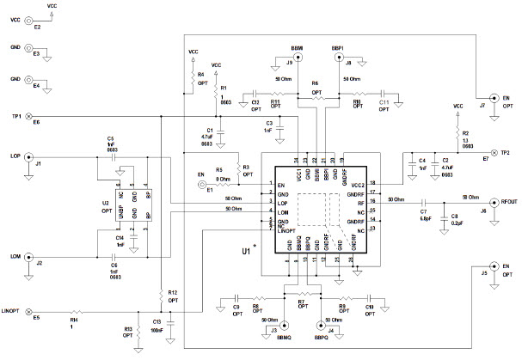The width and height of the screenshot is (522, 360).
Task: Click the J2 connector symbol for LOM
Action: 28,256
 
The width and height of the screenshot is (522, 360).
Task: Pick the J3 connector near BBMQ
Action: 285,326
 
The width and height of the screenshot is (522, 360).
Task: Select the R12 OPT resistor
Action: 161,295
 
